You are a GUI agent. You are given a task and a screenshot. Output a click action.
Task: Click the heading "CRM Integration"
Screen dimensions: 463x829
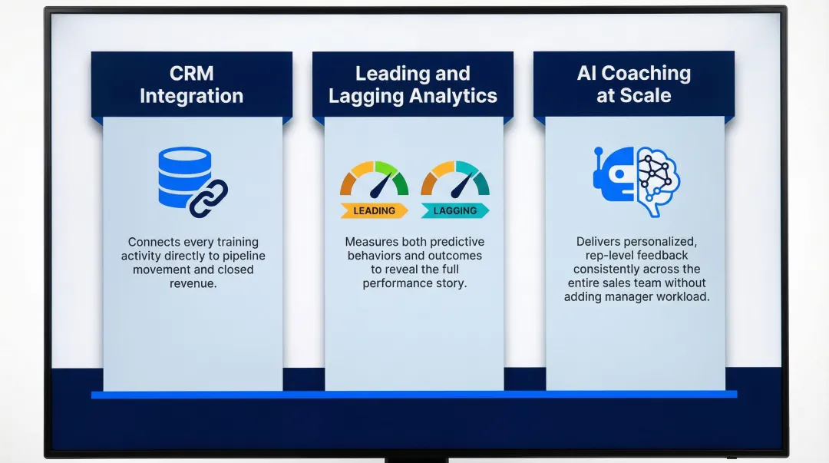pyautogui.click(x=191, y=84)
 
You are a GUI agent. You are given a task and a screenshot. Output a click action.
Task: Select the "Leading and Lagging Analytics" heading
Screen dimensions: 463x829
pyautogui.click(x=412, y=84)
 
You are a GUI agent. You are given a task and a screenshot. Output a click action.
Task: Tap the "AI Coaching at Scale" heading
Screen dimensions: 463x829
pyautogui.click(x=633, y=84)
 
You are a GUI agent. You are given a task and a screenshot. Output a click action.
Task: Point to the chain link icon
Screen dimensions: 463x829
pyautogui.click(x=209, y=198)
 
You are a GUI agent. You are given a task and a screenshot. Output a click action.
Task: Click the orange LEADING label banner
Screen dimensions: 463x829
pyautogui.click(x=374, y=210)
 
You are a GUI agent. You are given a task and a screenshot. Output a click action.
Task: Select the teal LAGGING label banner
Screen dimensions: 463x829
pyautogui.click(x=455, y=210)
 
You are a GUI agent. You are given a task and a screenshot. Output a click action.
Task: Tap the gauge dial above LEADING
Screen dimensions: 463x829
pyautogui.click(x=375, y=180)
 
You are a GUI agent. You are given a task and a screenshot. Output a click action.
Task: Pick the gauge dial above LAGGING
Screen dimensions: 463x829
pyautogui.click(x=455, y=180)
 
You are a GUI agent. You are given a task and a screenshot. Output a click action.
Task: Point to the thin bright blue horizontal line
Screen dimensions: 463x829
pyautogui.click(x=414, y=395)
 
